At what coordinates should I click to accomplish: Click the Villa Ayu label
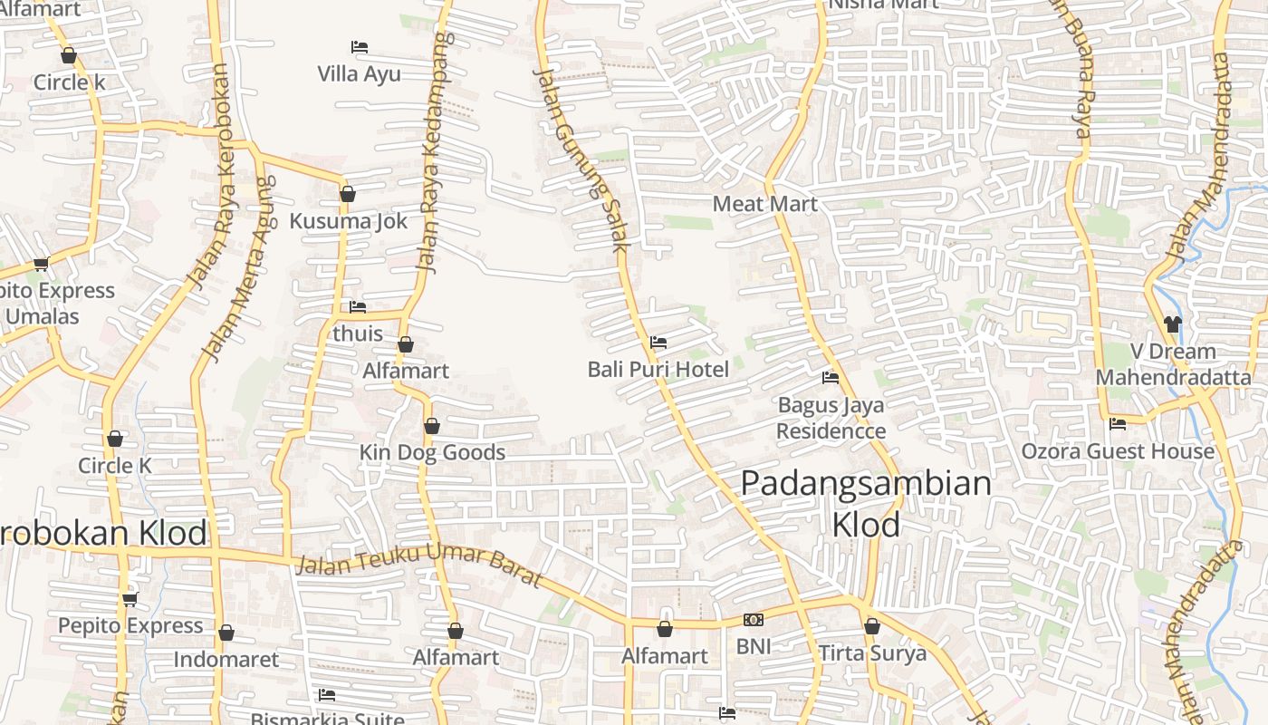[x=359, y=73]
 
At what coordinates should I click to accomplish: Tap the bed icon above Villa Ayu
[x=359, y=47]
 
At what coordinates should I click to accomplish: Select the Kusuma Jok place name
[x=348, y=221]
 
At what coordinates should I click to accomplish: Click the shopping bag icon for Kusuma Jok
[x=348, y=194]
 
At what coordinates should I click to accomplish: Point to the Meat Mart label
[x=764, y=204]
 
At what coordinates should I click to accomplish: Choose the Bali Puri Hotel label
[x=658, y=370]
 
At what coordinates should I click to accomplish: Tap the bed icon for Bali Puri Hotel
[x=658, y=343]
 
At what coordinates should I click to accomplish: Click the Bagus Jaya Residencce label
[x=831, y=418]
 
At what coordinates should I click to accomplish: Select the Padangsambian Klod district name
[x=866, y=503]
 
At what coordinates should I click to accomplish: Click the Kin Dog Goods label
[x=432, y=452]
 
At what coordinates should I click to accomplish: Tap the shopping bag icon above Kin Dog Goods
[x=432, y=426]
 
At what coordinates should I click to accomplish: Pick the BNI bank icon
[x=754, y=620]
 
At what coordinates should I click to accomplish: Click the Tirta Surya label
[x=872, y=653]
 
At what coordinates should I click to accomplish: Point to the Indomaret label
[x=226, y=659]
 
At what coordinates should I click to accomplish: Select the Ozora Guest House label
[x=1118, y=451]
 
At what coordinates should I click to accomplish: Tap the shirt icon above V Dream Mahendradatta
[x=1173, y=324]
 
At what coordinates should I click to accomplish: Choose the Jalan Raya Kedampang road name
[x=432, y=152]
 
